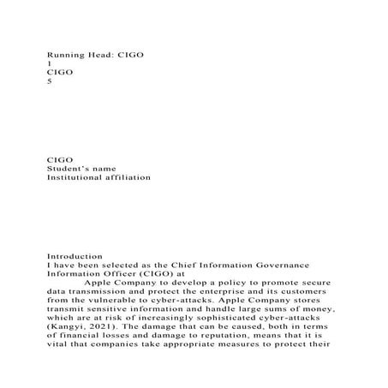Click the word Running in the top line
[64, 54]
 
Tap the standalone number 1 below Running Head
[49, 63]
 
